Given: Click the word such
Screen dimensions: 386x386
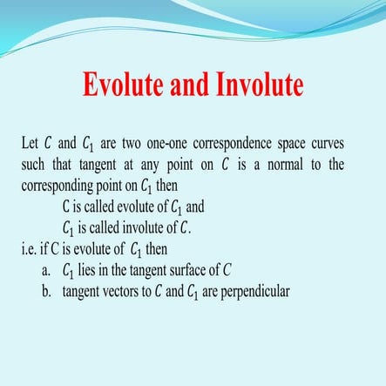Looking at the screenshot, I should click(x=32, y=165).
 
